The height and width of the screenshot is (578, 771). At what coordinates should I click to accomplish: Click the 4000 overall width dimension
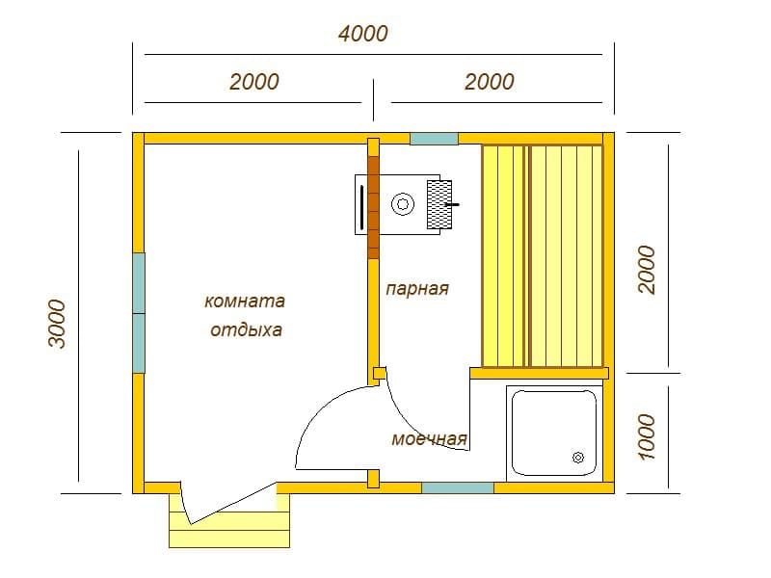pos(363,34)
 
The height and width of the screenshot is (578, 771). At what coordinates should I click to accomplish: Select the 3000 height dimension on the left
pos(58,324)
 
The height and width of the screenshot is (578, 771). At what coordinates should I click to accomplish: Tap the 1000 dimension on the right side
pos(647,437)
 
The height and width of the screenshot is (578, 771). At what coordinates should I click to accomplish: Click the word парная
pos(417,288)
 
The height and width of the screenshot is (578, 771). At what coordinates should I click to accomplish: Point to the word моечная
pos(429,438)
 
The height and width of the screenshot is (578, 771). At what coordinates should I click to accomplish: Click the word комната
pos(245,301)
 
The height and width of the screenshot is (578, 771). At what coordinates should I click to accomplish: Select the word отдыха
pos(246,329)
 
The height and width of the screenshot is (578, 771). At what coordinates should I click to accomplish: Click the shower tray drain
pos(578,458)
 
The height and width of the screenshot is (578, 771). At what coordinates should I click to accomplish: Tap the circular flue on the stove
pos(403,203)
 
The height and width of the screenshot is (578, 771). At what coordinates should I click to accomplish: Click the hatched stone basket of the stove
pos(439,204)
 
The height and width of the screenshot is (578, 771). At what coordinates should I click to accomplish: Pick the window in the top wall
pos(435,139)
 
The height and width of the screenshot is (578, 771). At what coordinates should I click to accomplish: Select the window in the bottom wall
pos(458,487)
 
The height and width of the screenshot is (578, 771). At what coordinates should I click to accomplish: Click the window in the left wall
pos(139,313)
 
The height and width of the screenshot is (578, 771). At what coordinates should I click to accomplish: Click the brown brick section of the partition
pos(374,207)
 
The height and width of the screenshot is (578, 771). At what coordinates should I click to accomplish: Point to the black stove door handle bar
pos(362,207)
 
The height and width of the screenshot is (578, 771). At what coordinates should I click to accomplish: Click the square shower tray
pos(554,433)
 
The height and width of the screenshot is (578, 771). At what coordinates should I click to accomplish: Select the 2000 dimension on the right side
pos(647,270)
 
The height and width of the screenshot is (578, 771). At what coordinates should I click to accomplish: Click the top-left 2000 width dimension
pos(254,82)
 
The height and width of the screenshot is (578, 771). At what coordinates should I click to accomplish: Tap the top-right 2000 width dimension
pos(490,82)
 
